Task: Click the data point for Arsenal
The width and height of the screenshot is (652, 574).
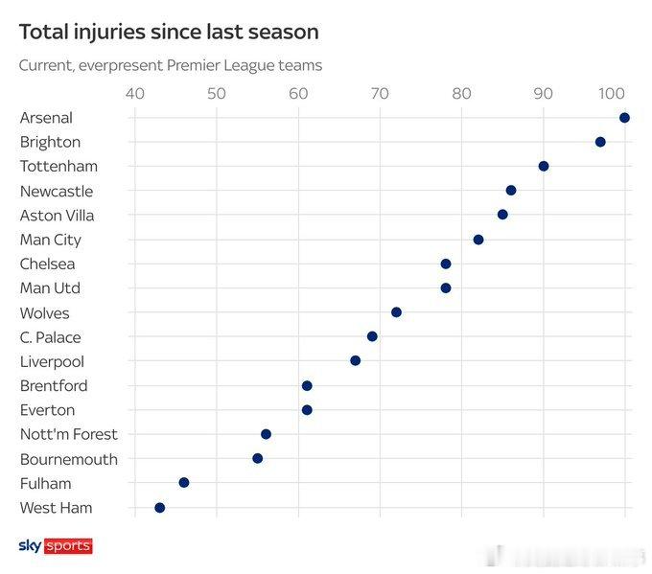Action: pyautogui.click(x=624, y=118)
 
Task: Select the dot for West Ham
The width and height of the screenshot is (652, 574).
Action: pyautogui.click(x=160, y=508)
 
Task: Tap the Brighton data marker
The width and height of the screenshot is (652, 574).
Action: pyautogui.click(x=600, y=142)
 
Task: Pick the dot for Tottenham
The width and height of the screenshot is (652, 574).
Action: pyautogui.click(x=544, y=166)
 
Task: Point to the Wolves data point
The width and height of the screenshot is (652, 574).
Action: pyautogui.click(x=396, y=312)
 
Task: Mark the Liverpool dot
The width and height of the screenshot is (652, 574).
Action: pyautogui.click(x=356, y=360)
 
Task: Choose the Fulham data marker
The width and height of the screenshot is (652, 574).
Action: pyautogui.click(x=184, y=483)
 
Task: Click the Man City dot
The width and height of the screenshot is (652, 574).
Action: pyautogui.click(x=478, y=240)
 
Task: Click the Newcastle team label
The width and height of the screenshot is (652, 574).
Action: pyautogui.click(x=57, y=191)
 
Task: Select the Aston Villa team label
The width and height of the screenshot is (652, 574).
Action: pyautogui.click(x=57, y=216)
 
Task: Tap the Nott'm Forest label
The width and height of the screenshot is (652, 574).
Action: pyautogui.click(x=68, y=434)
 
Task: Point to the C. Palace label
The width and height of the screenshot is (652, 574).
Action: pyautogui.click(x=50, y=337)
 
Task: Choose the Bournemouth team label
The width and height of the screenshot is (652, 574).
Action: pyautogui.click(x=68, y=459)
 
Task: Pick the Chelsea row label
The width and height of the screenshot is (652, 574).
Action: pyautogui.click(x=47, y=264)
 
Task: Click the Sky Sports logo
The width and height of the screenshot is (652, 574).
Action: pyautogui.click(x=56, y=546)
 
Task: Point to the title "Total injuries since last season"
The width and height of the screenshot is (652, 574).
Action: pyautogui.click(x=169, y=32)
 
